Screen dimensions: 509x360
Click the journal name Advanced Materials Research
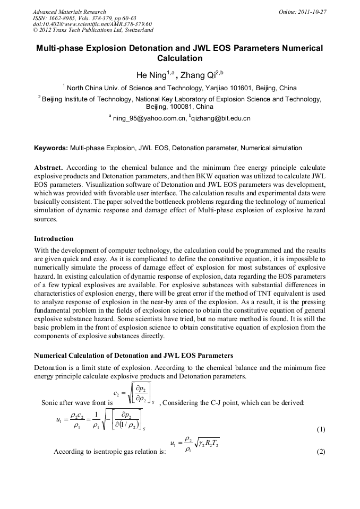(70, 12)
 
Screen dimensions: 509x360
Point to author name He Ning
(151, 75)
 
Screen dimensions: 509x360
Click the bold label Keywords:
(51, 148)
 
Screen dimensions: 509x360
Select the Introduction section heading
(54, 239)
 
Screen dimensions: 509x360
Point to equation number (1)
(321, 429)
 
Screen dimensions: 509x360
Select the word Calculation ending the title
(180, 58)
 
